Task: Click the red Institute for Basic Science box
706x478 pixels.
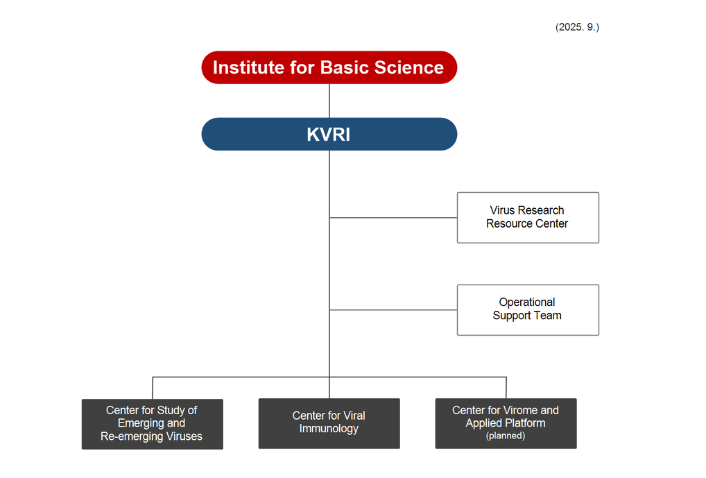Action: tap(329, 67)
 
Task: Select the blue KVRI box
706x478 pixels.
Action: tap(329, 134)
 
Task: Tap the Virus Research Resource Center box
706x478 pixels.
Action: tap(527, 217)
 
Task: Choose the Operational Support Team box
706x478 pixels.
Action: tap(527, 309)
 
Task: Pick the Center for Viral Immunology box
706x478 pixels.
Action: tap(329, 422)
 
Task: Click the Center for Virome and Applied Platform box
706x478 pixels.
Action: tap(506, 422)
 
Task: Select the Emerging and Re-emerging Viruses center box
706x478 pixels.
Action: tap(152, 423)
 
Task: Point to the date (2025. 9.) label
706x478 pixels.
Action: tap(577, 27)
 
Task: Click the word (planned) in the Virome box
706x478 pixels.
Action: tap(506, 436)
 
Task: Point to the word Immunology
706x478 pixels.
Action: tap(329, 429)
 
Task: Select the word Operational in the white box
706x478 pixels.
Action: tap(527, 302)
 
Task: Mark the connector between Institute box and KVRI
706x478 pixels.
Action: tap(329, 101)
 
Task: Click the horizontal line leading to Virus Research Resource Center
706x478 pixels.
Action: tap(393, 218)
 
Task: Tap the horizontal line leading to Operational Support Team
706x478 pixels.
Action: tap(393, 310)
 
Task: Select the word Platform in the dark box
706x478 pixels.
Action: tap(525, 423)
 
